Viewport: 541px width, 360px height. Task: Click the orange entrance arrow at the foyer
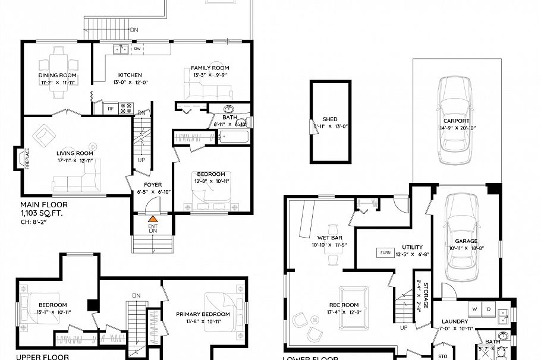pyautogui.click(x=153, y=219)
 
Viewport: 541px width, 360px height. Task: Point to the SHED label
pyautogui.click(x=330, y=119)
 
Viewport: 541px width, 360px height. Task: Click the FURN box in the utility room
pyautogui.click(x=385, y=253)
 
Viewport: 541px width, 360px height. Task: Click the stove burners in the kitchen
pyautogui.click(x=127, y=108)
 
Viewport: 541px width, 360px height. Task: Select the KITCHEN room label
pyautogui.click(x=130, y=75)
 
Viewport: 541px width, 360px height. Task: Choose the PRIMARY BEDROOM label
pyautogui.click(x=203, y=314)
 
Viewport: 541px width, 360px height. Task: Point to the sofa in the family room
pyautogui.click(x=208, y=91)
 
